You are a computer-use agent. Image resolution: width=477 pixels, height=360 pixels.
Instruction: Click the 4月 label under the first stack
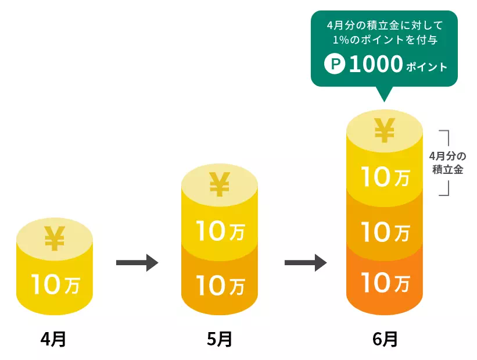(53, 339)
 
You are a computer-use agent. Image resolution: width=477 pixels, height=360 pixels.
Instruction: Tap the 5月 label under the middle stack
(219, 339)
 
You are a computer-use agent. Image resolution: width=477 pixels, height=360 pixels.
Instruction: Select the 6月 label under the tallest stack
(385, 339)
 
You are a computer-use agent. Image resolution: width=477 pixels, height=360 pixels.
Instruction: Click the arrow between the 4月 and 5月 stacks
(137, 263)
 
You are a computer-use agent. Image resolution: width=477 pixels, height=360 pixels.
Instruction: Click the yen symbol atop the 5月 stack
(219, 184)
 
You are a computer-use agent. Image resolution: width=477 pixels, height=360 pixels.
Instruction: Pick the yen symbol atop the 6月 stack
(384, 130)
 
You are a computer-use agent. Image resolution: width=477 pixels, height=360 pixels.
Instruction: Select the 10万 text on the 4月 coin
(55, 285)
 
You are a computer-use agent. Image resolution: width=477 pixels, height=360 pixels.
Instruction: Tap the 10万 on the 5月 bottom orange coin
(219, 285)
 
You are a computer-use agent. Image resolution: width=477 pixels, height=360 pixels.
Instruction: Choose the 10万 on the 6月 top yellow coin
(385, 177)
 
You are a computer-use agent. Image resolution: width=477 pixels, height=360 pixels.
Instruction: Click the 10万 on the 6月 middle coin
(385, 232)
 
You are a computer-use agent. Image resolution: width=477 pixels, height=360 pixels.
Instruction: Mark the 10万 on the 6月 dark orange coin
(385, 284)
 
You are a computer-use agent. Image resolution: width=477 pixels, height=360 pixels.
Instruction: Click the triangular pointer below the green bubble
(384, 94)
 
